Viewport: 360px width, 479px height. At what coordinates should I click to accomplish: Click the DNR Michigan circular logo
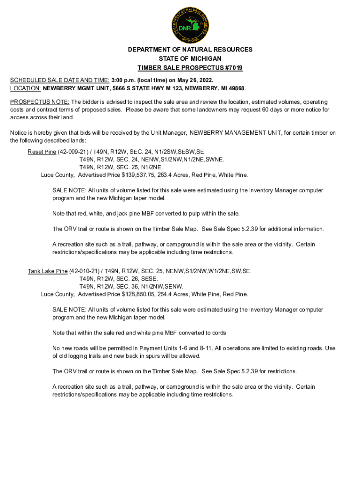pyautogui.click(x=190, y=24)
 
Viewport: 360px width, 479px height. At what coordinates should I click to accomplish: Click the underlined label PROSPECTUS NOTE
pyautogui.click(x=40, y=102)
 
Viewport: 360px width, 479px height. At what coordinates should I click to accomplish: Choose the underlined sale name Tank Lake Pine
pyautogui.click(x=48, y=271)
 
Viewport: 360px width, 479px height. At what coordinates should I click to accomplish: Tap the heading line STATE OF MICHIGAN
pyautogui.click(x=190, y=59)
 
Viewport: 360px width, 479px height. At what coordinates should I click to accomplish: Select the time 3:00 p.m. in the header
pyautogui.click(x=124, y=80)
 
